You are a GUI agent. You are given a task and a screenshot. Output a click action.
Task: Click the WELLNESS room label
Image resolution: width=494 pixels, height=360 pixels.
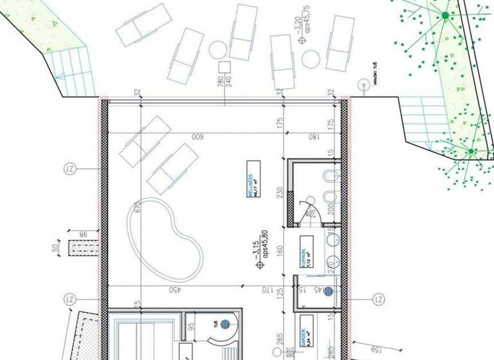tap(253, 187)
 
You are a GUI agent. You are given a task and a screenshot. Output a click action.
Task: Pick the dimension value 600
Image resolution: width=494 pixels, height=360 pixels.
tap(198, 136)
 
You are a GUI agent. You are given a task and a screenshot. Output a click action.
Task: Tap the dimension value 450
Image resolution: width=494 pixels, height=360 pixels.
tap(174, 290)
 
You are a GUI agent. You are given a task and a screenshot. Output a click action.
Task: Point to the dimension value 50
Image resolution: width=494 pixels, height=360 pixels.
tap(55, 247)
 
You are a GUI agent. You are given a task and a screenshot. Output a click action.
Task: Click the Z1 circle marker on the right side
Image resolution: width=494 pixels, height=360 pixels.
tap(379, 300)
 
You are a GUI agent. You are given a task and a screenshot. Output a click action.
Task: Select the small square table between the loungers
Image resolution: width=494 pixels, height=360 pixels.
tap(224, 66)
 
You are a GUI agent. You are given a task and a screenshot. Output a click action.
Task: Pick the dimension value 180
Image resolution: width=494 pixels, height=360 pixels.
tap(313, 136)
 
